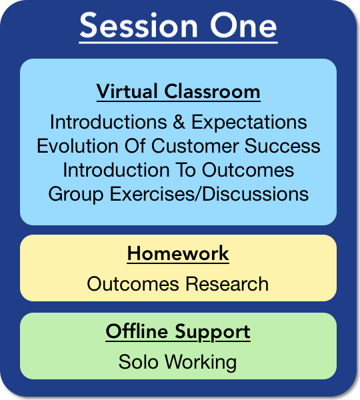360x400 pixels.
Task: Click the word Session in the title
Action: (139, 25)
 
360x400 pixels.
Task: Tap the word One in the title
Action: (243, 25)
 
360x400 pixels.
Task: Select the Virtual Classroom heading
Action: (179, 91)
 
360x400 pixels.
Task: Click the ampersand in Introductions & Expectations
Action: (179, 122)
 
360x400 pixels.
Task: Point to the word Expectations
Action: (249, 123)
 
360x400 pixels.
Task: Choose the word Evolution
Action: (77, 145)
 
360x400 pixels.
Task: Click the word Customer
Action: (195, 145)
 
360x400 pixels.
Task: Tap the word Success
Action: (283, 145)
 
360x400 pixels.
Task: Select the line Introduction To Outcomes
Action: (179, 169)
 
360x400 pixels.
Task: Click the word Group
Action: (76, 195)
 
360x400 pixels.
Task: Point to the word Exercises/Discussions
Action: (209, 193)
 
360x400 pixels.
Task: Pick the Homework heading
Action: (178, 253)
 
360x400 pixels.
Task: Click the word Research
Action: (227, 284)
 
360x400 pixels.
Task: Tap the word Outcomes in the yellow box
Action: (133, 284)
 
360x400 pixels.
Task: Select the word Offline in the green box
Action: (137, 331)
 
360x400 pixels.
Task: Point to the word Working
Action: (201, 363)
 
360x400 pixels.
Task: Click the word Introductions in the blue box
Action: (109, 122)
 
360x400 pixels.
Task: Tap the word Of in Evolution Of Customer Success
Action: (135, 145)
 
